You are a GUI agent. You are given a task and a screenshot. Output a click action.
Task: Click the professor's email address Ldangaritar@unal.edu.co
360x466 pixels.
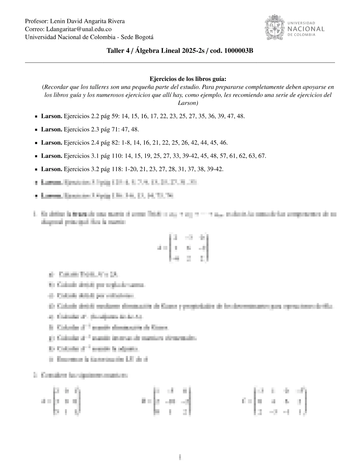click(x=79, y=29)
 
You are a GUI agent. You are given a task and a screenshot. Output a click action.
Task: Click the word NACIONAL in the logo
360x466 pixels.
click(x=306, y=29)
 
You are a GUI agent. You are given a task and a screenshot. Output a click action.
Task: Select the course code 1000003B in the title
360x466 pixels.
click(x=239, y=51)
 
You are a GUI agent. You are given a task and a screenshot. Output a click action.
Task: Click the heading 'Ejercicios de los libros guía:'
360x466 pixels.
click(x=188, y=79)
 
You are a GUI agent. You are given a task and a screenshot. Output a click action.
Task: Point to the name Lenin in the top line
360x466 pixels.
click(x=58, y=21)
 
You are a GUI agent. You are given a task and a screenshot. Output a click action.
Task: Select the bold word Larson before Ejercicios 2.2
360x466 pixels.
click(x=51, y=116)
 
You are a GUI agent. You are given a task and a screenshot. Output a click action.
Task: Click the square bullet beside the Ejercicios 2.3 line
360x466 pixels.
click(x=36, y=129)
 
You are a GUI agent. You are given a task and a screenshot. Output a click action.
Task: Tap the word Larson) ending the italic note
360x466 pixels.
click(x=188, y=103)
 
